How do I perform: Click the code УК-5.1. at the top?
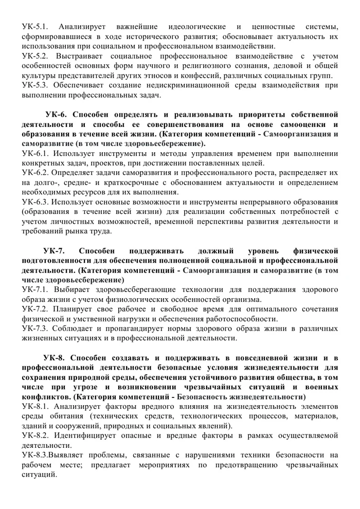34,26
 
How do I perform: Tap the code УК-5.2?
34,56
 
